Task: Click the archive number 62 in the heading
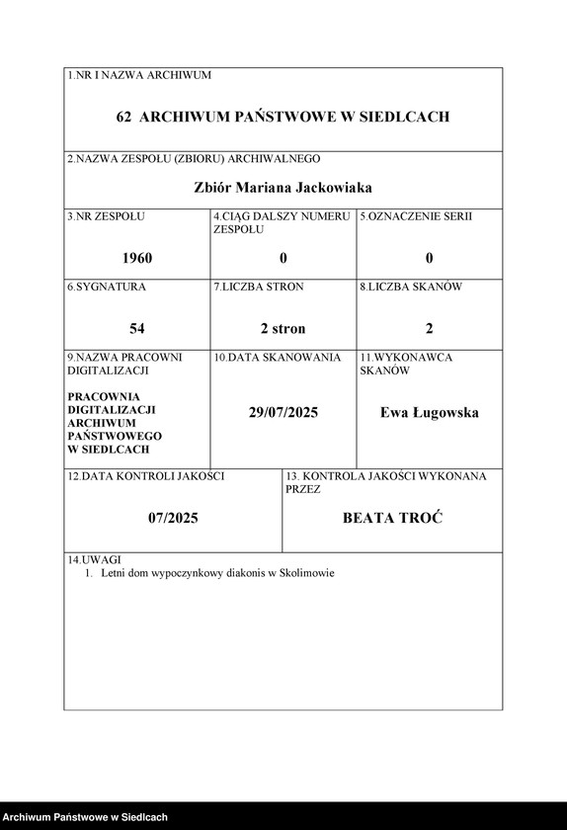tap(124, 117)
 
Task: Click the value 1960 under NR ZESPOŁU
tap(137, 258)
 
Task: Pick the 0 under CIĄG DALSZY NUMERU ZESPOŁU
tap(283, 258)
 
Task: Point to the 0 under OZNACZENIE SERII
tap(430, 258)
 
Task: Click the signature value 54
tap(137, 328)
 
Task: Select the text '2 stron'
tap(283, 328)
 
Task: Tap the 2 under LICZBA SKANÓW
tap(430, 328)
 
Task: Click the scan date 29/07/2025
tap(283, 412)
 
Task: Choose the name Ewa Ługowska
tap(430, 412)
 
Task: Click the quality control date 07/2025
tap(173, 517)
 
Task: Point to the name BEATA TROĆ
tap(392, 517)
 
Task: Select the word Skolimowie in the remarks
tap(307, 572)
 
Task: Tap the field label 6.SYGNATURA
tap(107, 287)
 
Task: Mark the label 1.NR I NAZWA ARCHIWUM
tap(138, 75)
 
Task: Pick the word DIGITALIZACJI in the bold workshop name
tap(112, 408)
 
